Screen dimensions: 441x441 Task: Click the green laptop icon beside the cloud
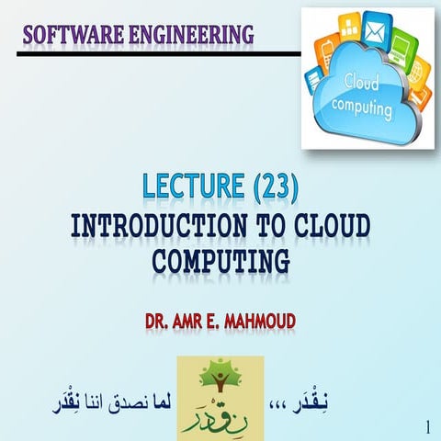click(x=403, y=43)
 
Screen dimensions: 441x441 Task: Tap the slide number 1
click(x=428, y=426)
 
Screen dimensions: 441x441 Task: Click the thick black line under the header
click(x=156, y=52)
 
